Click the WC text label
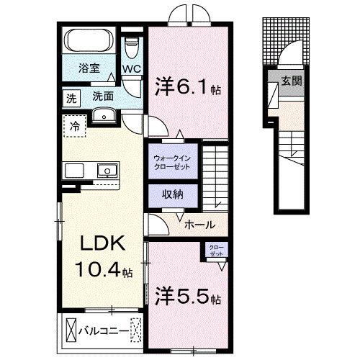(131, 69)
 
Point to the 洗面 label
(102, 96)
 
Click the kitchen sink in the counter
(107, 171)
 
